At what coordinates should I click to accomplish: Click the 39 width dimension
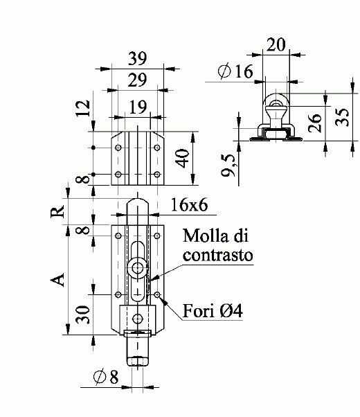click(138, 58)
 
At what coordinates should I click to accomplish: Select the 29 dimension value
click(137, 80)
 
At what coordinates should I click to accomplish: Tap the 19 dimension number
click(138, 107)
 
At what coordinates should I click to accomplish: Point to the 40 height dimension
click(183, 158)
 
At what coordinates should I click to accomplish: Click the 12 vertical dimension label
click(82, 108)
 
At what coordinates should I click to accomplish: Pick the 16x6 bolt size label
click(189, 205)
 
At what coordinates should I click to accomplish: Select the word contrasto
click(218, 255)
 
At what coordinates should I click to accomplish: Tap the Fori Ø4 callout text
click(213, 310)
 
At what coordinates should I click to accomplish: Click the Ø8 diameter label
click(106, 377)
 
